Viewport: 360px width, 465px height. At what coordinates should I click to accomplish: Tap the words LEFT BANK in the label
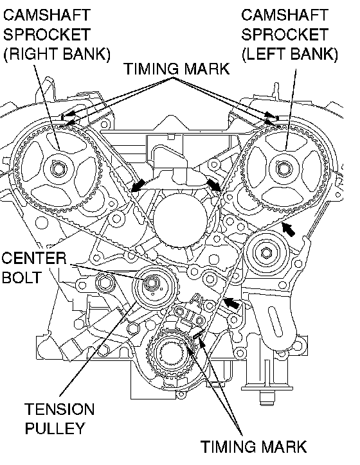289,54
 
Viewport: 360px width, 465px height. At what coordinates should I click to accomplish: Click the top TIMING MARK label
177,69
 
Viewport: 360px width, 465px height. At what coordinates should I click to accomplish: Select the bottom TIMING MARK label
253,446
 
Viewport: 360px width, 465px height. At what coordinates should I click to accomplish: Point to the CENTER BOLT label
33,268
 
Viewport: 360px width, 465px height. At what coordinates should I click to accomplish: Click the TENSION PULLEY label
59,419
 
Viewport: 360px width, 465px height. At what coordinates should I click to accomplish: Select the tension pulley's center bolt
151,284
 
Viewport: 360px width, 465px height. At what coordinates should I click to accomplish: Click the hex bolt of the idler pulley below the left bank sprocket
266,252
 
